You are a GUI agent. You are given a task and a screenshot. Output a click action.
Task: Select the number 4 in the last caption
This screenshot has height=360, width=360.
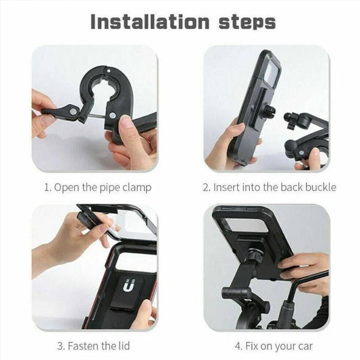point(238,346)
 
